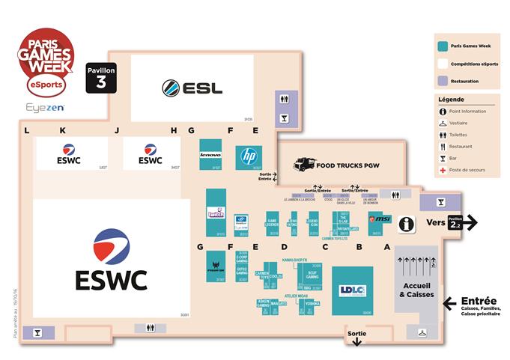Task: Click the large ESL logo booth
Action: click(192, 88)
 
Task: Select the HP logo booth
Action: click(249, 156)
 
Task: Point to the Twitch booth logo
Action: click(216, 215)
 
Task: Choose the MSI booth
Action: click(380, 221)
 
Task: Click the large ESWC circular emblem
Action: click(110, 248)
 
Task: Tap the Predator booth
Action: click(216, 265)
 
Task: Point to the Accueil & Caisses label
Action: click(416, 290)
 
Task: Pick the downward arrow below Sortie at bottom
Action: click(357, 341)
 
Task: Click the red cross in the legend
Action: click(443, 170)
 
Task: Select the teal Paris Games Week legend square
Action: click(444, 46)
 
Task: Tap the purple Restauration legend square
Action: click(444, 81)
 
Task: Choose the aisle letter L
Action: click(26, 130)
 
